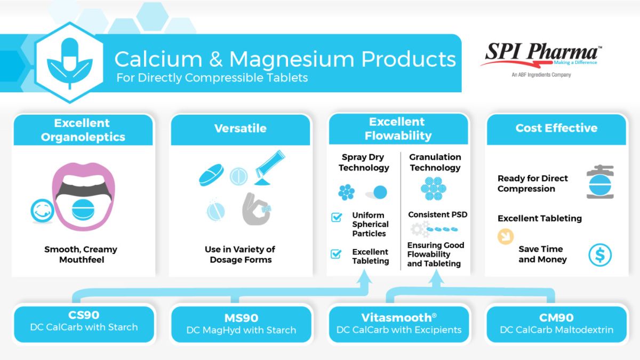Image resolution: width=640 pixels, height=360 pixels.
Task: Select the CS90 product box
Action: (x=84, y=322)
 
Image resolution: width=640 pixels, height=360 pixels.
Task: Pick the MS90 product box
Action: (x=241, y=324)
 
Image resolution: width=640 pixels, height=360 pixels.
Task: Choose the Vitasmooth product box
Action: (x=399, y=324)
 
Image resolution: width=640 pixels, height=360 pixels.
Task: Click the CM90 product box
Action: (x=556, y=324)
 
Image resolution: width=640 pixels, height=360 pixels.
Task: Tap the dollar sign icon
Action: (x=600, y=255)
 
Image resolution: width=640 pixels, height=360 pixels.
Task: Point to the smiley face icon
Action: (x=43, y=211)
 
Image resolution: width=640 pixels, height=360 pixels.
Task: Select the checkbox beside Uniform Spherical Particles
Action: (x=337, y=217)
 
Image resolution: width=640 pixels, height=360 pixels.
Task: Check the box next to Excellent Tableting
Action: (x=337, y=254)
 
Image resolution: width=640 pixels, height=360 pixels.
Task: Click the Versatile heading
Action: (x=241, y=129)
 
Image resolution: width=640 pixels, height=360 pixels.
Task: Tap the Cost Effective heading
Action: (x=556, y=128)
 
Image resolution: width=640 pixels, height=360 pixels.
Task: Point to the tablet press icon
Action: (x=599, y=182)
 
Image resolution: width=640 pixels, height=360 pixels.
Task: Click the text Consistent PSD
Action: (x=437, y=215)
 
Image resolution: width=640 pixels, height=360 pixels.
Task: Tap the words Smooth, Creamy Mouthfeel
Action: (x=81, y=254)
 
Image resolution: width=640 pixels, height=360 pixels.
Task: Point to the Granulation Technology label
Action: (x=435, y=162)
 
